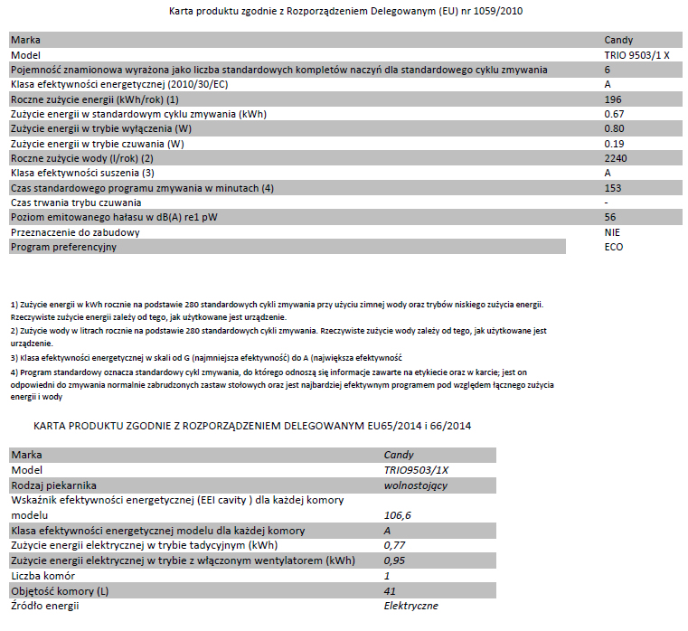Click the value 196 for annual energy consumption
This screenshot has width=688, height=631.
point(612,99)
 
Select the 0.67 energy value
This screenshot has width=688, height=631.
point(615,114)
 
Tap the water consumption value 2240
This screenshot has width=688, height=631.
point(615,157)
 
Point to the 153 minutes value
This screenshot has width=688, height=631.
point(612,187)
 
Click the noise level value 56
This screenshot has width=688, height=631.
point(609,217)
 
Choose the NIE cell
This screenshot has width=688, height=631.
point(612,232)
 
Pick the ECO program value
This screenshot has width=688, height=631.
point(613,247)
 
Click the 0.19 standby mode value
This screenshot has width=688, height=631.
point(615,143)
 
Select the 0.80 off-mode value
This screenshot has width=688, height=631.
point(615,128)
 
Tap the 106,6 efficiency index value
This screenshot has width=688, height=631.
point(398,514)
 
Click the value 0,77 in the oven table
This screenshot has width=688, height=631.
point(394,545)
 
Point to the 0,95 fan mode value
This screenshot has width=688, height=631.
point(394,560)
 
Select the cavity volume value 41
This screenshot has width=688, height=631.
point(390,590)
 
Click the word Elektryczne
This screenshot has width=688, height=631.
point(411,605)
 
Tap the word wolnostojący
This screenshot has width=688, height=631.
point(416,485)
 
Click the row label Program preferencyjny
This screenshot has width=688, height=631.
point(63,247)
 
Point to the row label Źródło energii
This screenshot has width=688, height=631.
point(45,605)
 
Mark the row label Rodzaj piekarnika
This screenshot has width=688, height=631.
point(53,485)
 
